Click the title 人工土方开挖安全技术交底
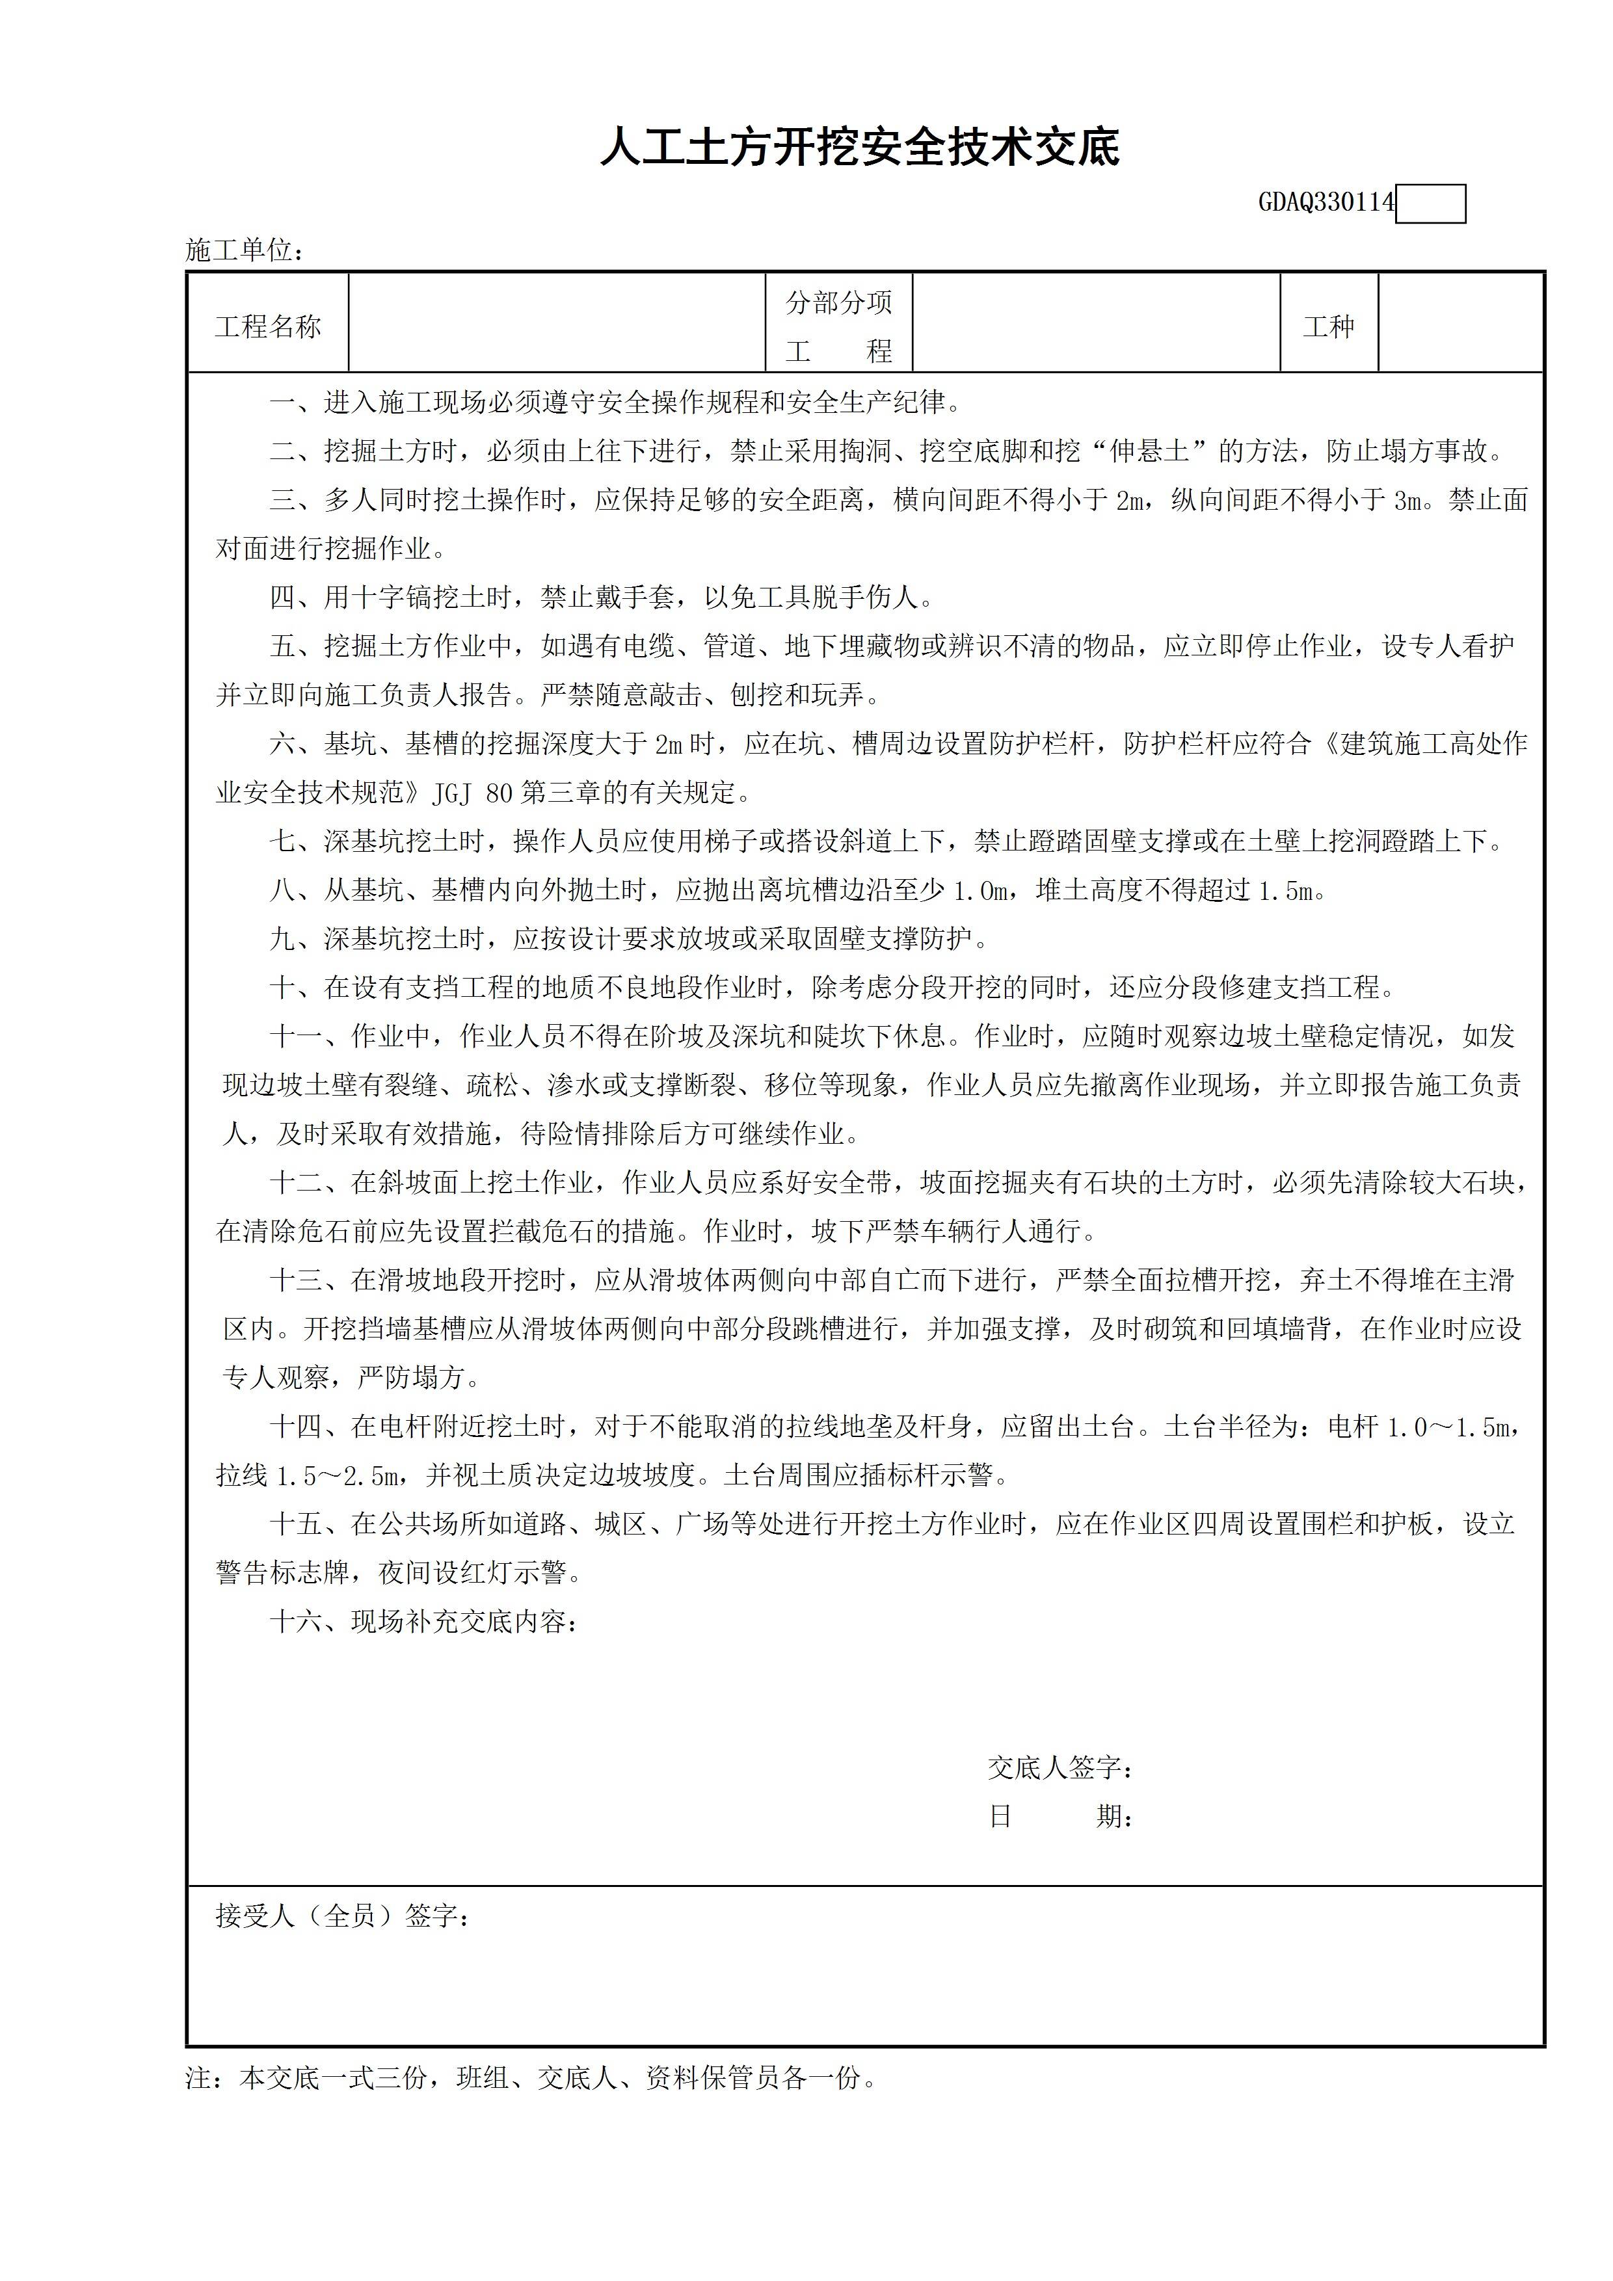(860, 148)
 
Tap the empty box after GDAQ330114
(1430, 205)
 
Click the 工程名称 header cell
(269, 327)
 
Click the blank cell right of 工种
(1461, 324)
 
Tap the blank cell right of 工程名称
(557, 324)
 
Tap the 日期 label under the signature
(1060, 1816)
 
